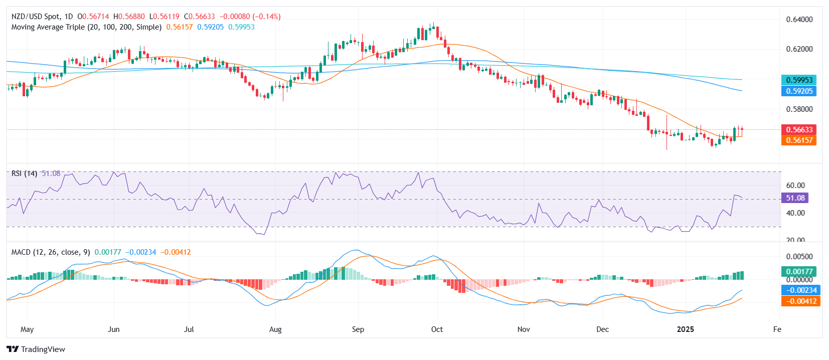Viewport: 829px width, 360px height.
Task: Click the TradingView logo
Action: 36,349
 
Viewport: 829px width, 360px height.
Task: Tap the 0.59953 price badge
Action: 798,80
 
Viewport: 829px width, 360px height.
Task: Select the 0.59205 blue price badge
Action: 798,91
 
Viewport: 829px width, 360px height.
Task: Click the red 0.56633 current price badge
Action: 798,129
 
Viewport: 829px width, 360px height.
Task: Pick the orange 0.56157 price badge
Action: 798,140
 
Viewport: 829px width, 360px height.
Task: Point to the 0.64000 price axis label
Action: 799,20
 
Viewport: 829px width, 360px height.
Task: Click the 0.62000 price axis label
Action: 799,49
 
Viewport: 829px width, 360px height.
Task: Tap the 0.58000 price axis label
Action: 799,109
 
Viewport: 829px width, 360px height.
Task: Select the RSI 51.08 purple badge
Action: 795,198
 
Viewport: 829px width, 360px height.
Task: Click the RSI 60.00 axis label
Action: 795,186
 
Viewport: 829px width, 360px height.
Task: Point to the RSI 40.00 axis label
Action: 795,213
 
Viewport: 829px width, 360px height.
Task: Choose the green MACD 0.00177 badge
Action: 799,272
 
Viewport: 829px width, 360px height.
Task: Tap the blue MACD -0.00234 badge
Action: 801,290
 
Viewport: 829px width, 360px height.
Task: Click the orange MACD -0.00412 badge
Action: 801,301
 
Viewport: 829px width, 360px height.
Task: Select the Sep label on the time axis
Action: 358,329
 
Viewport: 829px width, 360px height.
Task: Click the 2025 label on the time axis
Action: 685,329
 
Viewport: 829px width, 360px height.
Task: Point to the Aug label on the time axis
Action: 275,329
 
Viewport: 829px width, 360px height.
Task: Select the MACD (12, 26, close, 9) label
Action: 51,252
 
